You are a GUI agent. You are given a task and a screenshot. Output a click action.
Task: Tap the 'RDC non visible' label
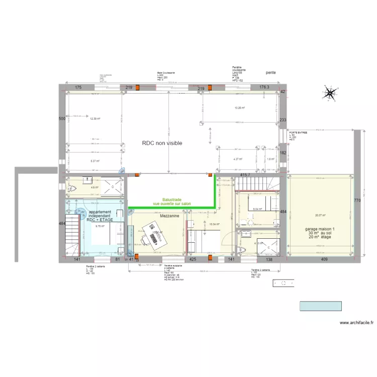tap(162, 143)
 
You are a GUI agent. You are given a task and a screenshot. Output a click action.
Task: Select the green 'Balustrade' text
tap(172, 200)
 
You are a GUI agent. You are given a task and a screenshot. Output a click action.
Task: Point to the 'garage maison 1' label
tap(319, 229)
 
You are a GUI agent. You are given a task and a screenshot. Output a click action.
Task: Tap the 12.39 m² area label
tap(95, 119)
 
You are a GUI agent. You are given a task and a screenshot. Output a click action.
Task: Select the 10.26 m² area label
tap(239, 108)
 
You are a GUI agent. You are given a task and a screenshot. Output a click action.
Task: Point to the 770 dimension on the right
tap(358, 200)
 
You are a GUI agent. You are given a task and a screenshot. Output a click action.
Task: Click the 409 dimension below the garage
tap(324, 259)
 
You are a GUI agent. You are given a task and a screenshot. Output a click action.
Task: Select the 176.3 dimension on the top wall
tap(263, 87)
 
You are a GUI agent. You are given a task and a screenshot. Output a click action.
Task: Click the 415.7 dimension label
tap(245, 175)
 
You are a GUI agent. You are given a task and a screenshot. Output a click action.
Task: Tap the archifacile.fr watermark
tap(356, 323)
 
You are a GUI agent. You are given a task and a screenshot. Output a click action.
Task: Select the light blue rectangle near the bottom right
tap(320, 306)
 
